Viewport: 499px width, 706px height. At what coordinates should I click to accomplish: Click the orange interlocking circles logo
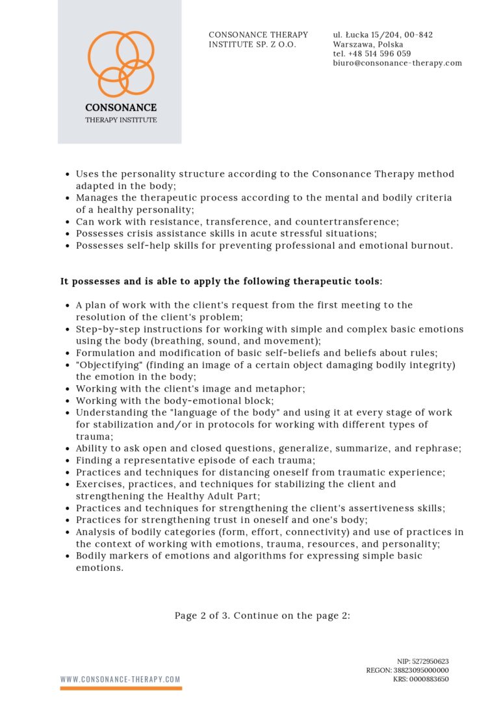[121, 64]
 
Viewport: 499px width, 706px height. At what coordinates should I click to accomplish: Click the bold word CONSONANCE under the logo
[121, 108]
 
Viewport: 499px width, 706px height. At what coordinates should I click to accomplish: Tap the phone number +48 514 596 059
[379, 54]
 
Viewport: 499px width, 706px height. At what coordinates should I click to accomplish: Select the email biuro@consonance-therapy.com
[397, 63]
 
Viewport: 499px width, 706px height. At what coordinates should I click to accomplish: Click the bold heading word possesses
[96, 281]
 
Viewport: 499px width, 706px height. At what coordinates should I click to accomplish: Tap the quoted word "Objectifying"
[105, 365]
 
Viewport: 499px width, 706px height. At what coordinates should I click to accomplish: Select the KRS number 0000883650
[430, 679]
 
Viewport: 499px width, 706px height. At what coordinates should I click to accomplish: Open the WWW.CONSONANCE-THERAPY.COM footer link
[121, 679]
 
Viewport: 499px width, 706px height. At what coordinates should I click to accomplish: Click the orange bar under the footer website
[121, 688]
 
